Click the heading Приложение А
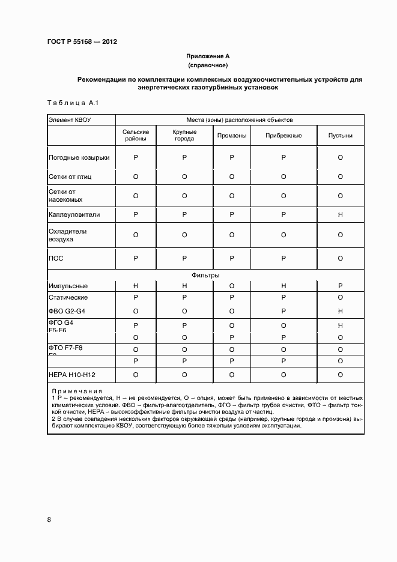pos(208,56)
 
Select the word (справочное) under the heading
pos(208,65)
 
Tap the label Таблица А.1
pos(72,103)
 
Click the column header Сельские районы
pos(136,135)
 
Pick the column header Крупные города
pos(184,135)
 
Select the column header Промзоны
pos(232,136)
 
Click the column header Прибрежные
pos(283,136)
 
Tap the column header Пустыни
pos(340,136)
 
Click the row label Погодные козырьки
pos(79,158)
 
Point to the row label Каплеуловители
pos(74,214)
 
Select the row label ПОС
pos(56,258)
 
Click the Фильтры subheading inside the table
pos(205,275)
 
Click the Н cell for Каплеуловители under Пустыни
pos(340,214)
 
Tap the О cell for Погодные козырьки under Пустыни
pos(340,158)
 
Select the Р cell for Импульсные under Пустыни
pos(340,286)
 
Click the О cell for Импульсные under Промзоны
pos(232,286)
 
